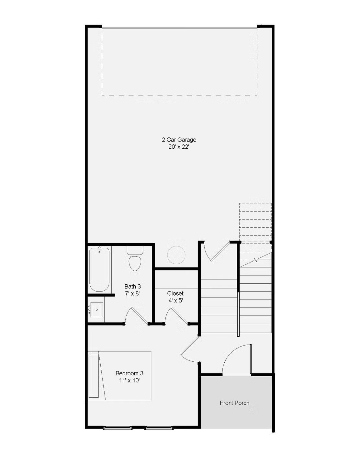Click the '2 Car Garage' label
[x=179, y=140]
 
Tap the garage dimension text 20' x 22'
[x=179, y=147]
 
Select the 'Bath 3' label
[x=133, y=286]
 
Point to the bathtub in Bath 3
[x=99, y=269]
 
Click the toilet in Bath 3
[x=135, y=258]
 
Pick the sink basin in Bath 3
[x=97, y=310]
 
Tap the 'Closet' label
[x=175, y=293]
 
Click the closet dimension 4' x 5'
[x=175, y=301]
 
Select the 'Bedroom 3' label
[x=129, y=373]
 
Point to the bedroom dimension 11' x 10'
[x=129, y=381]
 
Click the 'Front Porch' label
[x=234, y=403]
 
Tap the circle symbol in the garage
[x=176, y=255]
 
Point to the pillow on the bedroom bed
[x=94, y=376]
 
